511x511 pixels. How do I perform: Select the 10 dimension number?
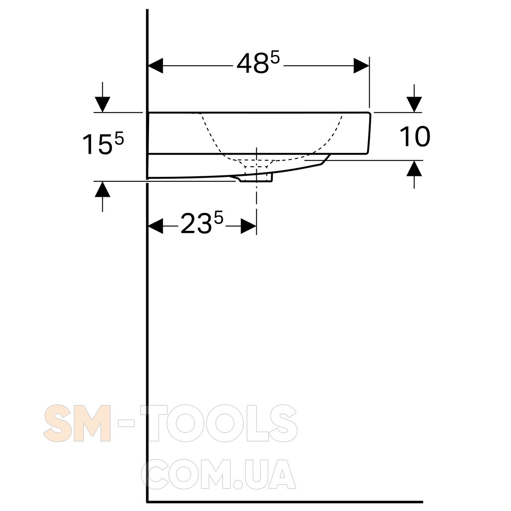[x=414, y=136]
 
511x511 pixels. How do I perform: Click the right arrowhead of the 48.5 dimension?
[x=362, y=66]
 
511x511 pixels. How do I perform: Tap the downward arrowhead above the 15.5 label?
[x=103, y=104]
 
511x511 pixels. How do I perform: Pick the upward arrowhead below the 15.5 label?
[x=103, y=189]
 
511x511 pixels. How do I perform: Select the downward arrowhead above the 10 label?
[x=414, y=104]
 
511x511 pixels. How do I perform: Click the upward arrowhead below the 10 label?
[x=414, y=168]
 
